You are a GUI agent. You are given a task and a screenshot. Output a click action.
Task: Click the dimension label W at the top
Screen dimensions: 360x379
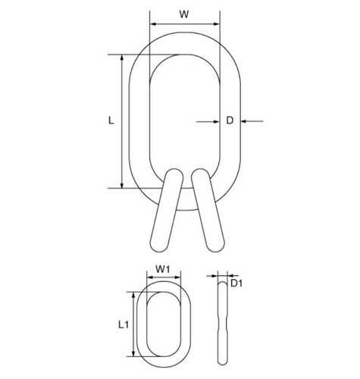[184, 14]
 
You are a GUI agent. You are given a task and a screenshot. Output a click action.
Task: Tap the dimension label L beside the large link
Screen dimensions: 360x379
[111, 121]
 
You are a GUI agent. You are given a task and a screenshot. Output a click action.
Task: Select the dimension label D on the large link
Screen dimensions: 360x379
[230, 121]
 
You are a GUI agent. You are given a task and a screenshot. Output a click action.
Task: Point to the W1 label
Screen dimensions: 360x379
[163, 269]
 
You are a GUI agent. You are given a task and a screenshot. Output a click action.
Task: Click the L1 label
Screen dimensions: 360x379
[124, 324]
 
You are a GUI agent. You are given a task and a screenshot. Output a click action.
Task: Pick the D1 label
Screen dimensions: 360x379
[236, 283]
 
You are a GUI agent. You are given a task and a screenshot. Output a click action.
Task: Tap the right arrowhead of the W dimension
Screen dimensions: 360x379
[217, 24]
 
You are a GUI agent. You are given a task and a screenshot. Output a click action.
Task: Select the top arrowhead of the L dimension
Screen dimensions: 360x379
[122, 58]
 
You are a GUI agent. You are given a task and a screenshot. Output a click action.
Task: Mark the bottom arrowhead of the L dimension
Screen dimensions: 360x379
[122, 185]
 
